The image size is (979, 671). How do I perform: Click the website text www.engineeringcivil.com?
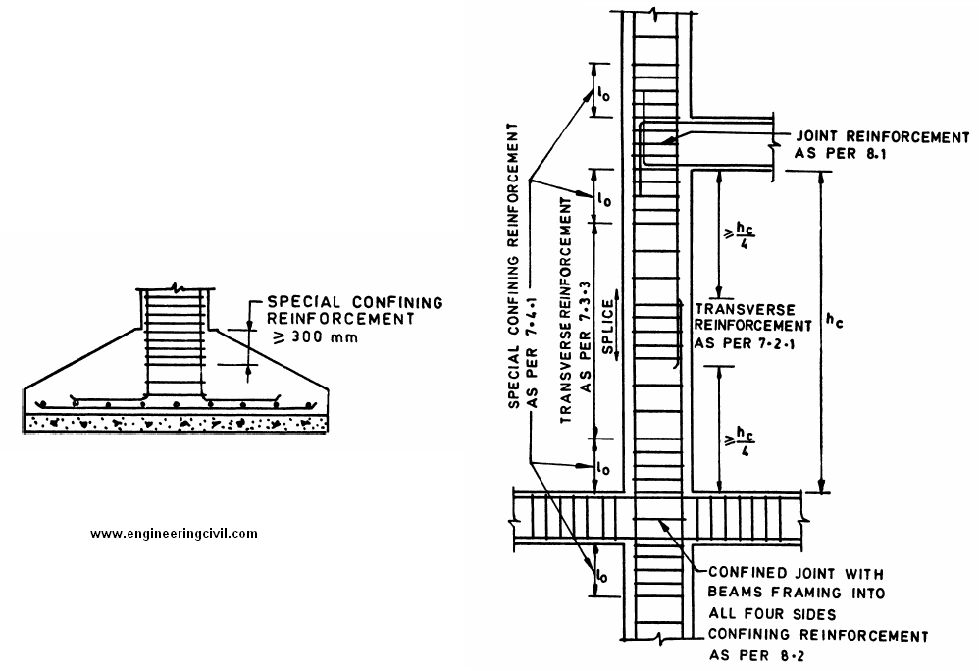pos(174,533)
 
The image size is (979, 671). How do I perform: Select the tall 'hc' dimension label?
pos(834,320)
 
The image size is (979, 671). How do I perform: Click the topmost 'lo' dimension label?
pos(603,95)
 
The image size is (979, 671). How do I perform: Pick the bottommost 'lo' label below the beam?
pos(600,574)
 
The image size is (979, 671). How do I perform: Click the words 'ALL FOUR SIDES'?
pos(772,614)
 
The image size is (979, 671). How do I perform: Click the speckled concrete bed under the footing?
pos(175,423)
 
